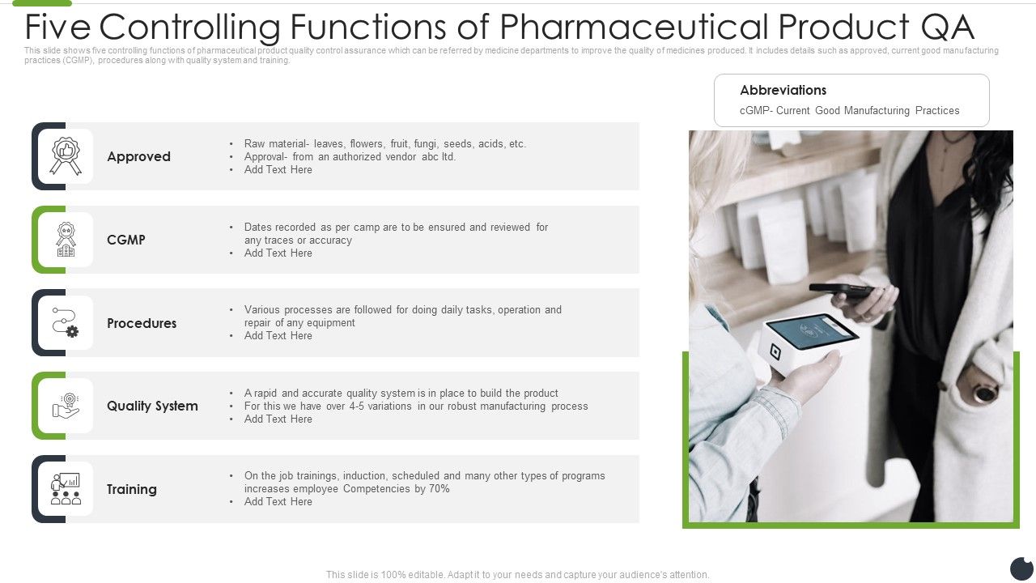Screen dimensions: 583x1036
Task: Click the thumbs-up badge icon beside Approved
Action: tap(66, 156)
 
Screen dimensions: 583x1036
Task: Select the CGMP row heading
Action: tap(126, 240)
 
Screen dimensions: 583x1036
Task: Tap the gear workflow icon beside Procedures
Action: tap(66, 322)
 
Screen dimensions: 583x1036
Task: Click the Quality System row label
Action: tap(152, 406)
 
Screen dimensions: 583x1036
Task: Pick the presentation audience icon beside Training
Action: tap(66, 489)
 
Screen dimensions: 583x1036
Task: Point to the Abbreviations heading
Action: tap(783, 90)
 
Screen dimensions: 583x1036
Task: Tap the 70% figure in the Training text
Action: tap(438, 489)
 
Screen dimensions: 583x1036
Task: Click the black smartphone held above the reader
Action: tap(842, 290)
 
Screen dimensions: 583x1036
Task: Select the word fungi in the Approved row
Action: tap(425, 144)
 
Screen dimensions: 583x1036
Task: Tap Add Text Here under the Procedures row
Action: tap(278, 336)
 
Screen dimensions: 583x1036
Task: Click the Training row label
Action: tap(132, 489)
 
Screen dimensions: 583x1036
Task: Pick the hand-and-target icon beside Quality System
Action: tap(66, 406)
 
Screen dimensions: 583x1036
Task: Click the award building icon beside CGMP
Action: tap(66, 240)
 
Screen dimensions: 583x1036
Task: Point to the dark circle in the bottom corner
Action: tap(1022, 568)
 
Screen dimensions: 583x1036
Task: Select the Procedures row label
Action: tap(142, 323)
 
